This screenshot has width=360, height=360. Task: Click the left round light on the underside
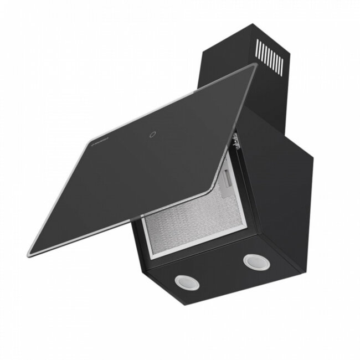point(183,281)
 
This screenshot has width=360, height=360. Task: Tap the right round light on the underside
point(254,261)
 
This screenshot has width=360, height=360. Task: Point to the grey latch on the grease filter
point(228,179)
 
